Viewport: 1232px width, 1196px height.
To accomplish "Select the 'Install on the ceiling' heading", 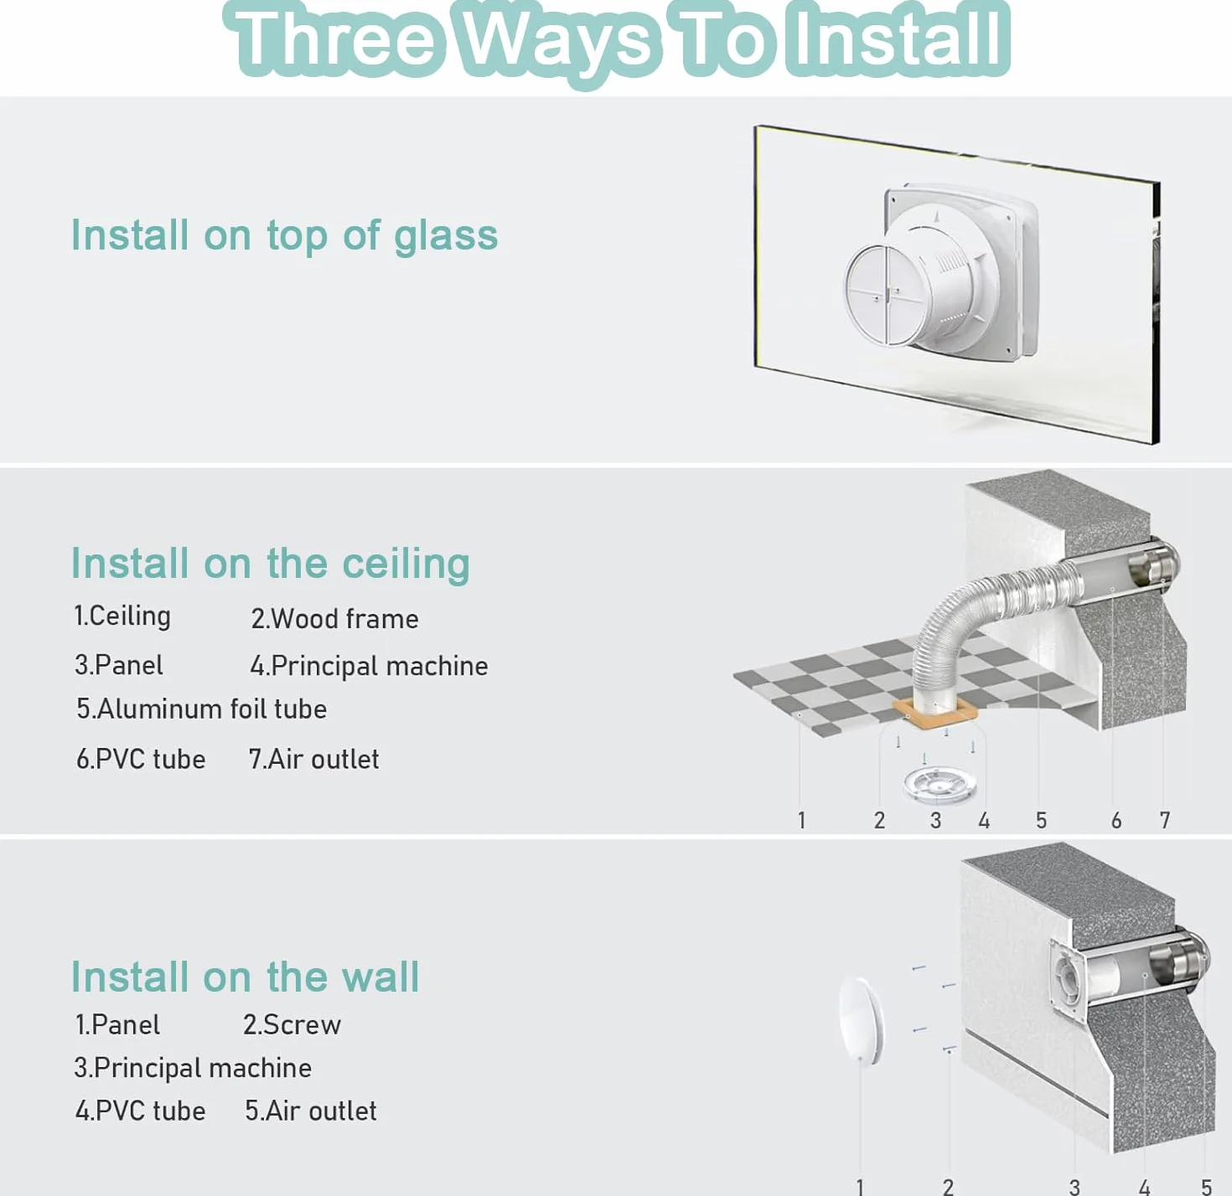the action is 271,563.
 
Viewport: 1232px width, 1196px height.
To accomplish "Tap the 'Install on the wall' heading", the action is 245,977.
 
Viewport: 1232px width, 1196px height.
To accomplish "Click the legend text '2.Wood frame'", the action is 334,619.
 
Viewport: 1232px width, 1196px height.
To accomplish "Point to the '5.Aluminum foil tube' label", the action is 201,709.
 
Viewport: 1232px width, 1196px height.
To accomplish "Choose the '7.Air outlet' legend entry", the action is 313,759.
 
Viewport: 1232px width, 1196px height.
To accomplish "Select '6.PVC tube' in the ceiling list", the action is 141,759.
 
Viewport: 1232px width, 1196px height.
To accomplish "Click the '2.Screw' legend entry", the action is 292,1024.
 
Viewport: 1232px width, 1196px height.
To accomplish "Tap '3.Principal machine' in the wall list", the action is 193,1068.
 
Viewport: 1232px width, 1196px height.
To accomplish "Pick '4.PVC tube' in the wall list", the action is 140,1111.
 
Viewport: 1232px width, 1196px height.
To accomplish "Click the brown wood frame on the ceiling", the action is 934,713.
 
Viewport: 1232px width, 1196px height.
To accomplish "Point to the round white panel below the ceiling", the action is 940,785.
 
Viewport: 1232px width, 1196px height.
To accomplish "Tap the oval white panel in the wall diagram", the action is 861,1021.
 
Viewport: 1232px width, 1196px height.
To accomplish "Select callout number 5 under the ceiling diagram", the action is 1041,821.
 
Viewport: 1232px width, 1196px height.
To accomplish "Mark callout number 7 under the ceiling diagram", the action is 1164,821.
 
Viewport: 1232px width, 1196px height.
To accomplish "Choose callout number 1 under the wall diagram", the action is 860,1186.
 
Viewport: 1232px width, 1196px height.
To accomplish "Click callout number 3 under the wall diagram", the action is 1074,1187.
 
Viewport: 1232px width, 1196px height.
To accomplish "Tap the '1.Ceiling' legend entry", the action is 122,616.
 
